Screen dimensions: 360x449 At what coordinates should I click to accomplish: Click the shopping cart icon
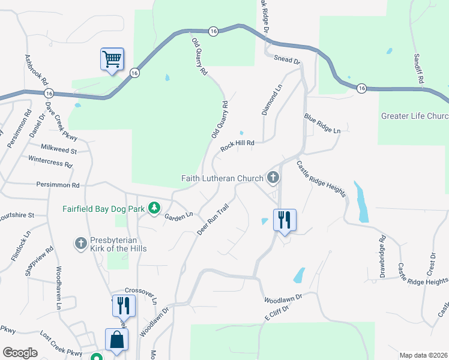pos(112,59)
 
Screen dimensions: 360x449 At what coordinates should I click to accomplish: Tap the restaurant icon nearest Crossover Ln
pos(124,305)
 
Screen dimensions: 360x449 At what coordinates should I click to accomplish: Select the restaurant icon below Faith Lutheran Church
pos(285,220)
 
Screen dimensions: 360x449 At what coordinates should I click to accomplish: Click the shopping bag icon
pos(116,339)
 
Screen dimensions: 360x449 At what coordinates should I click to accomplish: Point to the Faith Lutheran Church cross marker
pos(273,177)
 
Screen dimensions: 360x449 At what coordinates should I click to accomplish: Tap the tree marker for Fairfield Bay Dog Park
pos(154,208)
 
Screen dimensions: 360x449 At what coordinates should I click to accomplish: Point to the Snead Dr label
pos(287,60)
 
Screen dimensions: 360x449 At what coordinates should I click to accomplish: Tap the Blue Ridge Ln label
pos(322,124)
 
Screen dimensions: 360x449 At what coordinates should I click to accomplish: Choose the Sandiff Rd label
pos(418,68)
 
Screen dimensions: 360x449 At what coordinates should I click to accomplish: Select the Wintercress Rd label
pos(50,161)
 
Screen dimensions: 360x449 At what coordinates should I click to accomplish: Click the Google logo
pos(20,353)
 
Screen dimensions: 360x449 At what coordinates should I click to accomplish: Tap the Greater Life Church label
pos(415,116)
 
